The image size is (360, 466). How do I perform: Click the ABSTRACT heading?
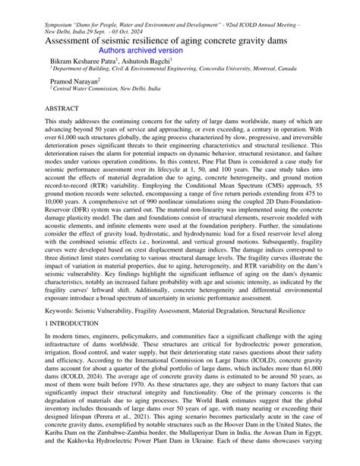point(66,109)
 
